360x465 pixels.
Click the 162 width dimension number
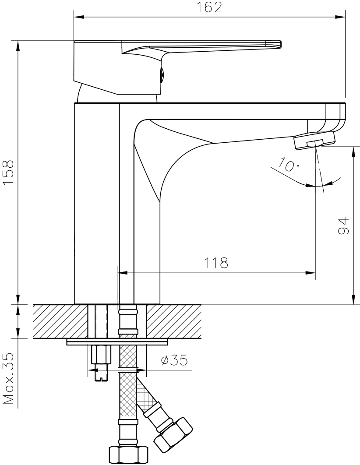pos(210,7)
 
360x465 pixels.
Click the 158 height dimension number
pos(8,173)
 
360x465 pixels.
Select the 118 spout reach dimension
pos(216,263)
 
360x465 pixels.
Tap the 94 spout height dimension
pos(343,226)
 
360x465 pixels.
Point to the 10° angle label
pos(289,165)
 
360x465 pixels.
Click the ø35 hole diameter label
pos(174,360)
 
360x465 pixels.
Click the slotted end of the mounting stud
pos(101,376)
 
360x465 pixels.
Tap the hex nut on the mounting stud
pos(101,354)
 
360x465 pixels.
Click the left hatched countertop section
pos(60,321)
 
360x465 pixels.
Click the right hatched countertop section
pos(174,321)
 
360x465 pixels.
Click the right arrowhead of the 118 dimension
pos(311,272)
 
